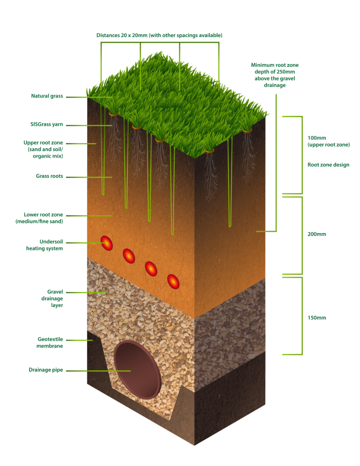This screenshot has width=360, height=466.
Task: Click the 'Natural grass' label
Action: pyautogui.click(x=47, y=96)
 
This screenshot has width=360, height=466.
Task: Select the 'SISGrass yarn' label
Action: pyautogui.click(x=47, y=124)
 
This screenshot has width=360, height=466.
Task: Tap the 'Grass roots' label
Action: pyautogui.click(x=49, y=176)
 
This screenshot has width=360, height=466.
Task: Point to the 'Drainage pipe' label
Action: pyautogui.click(x=46, y=370)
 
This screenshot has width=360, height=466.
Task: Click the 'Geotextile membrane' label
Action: pyautogui.click(x=50, y=343)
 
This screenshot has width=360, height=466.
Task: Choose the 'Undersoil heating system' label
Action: pyautogui.click(x=45, y=245)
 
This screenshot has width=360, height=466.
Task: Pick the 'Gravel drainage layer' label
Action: pyautogui.click(x=52, y=298)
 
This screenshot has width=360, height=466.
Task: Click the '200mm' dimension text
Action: pyautogui.click(x=317, y=234)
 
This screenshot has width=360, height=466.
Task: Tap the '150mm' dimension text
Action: pyautogui.click(x=317, y=318)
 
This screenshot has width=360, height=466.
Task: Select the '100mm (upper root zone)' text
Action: pyautogui.click(x=329, y=141)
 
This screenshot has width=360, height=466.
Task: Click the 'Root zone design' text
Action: pyautogui.click(x=328, y=165)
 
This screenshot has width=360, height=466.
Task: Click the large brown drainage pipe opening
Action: pyautogui.click(x=137, y=370)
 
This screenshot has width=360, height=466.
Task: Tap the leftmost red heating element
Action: pyautogui.click(x=107, y=243)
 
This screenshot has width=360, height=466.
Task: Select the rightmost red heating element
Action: pyautogui.click(x=173, y=281)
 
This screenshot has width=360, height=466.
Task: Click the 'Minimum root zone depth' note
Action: pyautogui.click(x=275, y=75)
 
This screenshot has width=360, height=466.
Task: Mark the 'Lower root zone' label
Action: pyautogui.click(x=39, y=218)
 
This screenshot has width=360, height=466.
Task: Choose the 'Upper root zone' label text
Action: pyautogui.click(x=43, y=149)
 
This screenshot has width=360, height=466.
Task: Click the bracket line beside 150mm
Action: pyautogui.click(x=302, y=316)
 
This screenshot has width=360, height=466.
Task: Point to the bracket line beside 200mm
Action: pyautogui.click(x=302, y=235)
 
